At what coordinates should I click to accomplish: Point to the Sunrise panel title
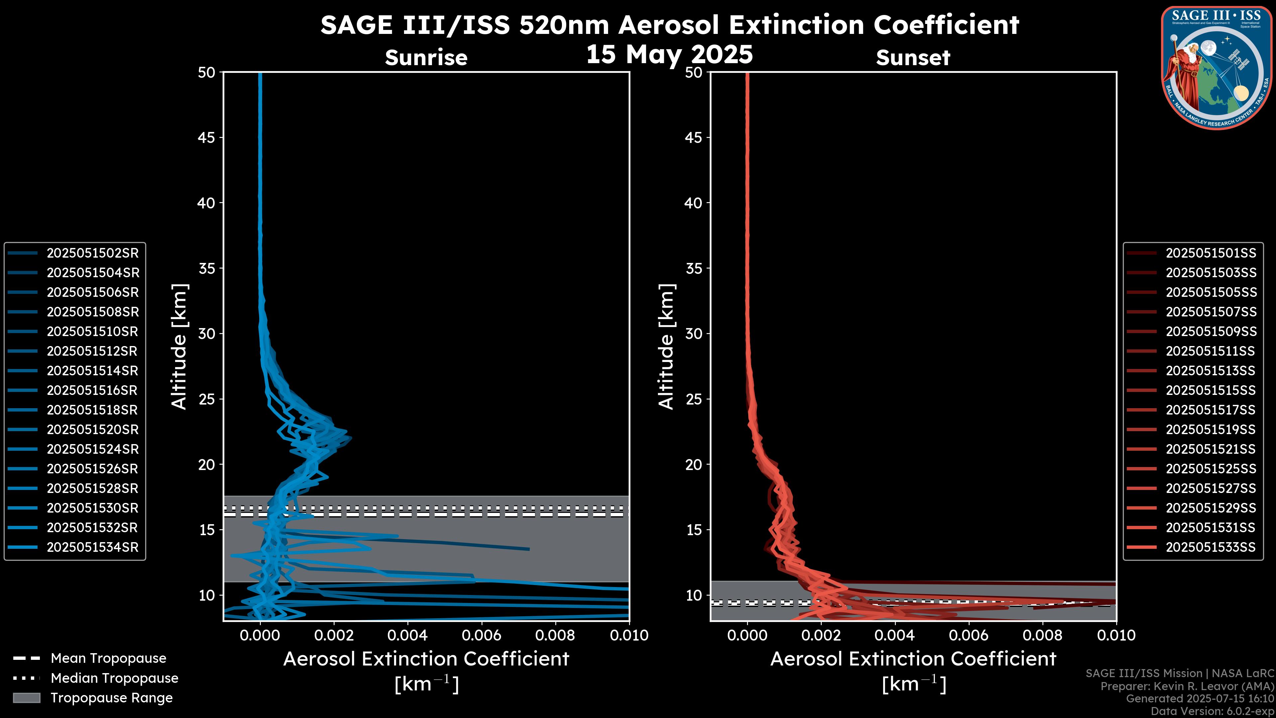click(426, 58)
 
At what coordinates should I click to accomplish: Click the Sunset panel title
click(913, 58)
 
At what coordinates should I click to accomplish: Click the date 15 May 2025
click(669, 54)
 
